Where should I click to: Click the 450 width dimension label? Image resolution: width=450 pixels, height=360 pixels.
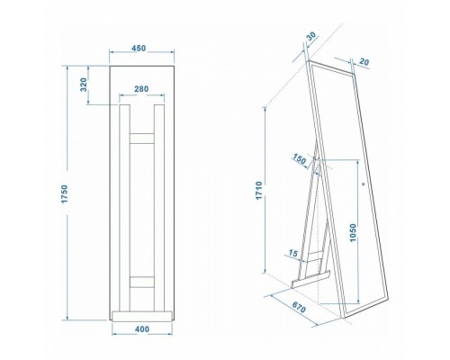click(x=139, y=48)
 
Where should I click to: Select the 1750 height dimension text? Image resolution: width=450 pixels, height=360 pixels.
click(x=65, y=193)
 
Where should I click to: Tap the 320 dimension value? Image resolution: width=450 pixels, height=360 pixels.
click(x=84, y=85)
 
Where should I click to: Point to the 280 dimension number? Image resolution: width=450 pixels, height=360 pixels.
click(x=141, y=89)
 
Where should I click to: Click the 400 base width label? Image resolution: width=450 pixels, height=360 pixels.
click(x=142, y=329)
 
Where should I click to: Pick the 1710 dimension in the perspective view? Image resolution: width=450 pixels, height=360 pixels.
click(x=259, y=190)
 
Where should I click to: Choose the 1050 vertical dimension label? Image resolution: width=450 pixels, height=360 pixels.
click(x=353, y=232)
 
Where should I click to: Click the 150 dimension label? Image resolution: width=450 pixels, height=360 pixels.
click(x=300, y=159)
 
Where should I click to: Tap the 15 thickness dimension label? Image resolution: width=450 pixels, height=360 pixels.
click(x=293, y=254)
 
